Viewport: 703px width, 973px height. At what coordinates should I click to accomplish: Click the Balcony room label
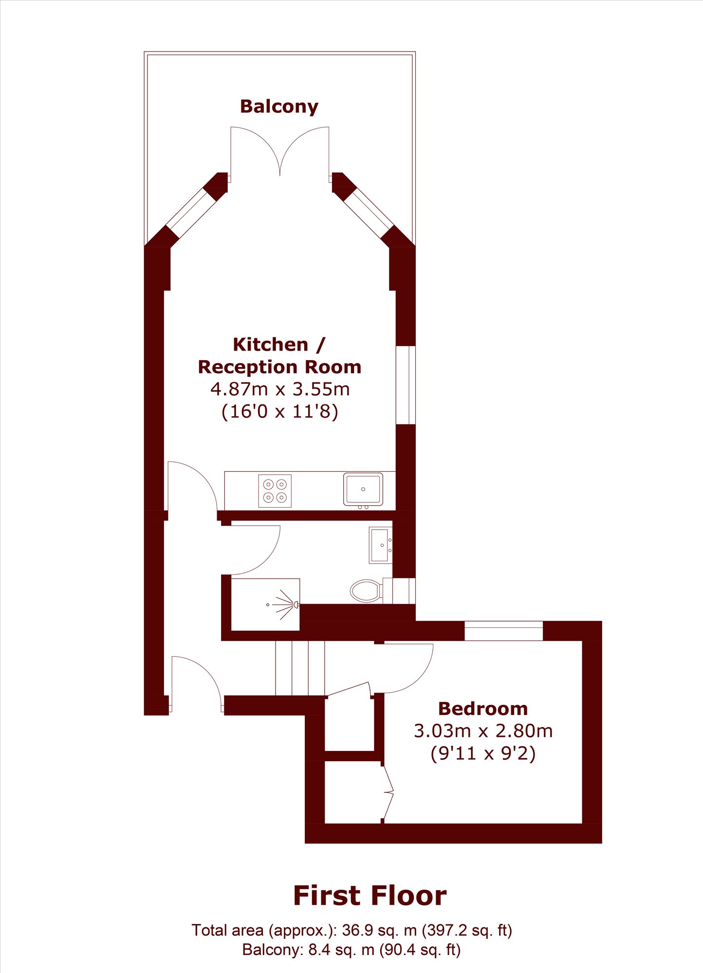point(279,107)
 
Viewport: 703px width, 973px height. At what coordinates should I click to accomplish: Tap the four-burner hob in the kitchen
point(275,491)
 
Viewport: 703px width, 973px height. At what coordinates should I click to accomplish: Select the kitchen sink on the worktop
point(363,489)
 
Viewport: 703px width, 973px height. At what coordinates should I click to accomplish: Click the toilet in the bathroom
point(366,590)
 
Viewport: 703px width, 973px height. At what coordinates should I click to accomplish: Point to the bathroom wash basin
point(381,545)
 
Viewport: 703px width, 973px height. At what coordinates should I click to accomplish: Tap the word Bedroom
point(483,709)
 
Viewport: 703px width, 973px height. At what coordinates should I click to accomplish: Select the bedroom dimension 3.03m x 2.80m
point(483,731)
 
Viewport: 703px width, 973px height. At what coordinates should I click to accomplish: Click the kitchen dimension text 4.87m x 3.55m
point(280,389)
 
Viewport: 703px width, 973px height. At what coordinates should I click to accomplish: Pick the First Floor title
point(370,896)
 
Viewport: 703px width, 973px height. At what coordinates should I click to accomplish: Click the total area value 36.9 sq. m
point(379,930)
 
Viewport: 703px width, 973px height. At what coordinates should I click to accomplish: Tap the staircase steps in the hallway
point(300,668)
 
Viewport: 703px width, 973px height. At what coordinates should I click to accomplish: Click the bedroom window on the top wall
point(503,631)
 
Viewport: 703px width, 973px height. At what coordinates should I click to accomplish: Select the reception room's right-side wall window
point(406,385)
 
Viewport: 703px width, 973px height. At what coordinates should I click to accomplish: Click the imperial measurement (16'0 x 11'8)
point(280,412)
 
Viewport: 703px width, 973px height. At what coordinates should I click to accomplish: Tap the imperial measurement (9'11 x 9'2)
point(483,753)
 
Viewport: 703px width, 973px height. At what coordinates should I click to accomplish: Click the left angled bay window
point(191,213)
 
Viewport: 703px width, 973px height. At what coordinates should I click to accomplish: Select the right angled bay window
point(369,213)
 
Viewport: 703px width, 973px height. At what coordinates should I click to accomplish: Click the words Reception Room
point(280,367)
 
